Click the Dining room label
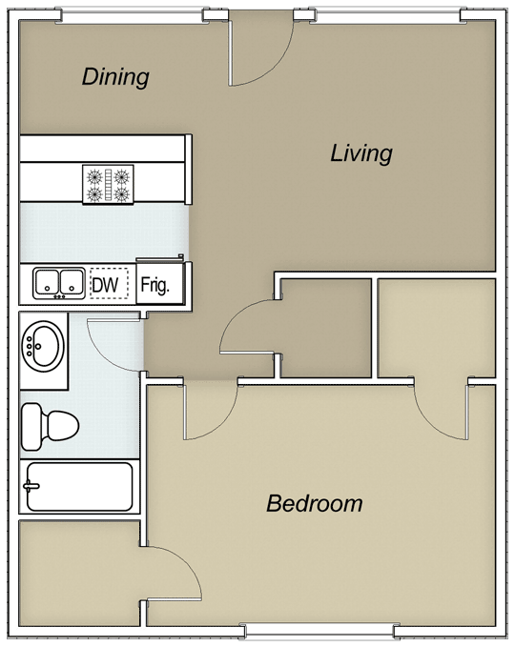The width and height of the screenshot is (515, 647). pos(115,77)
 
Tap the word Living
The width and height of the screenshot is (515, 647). pos(361,153)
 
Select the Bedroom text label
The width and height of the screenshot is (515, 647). pos(315,503)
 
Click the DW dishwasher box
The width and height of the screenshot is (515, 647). pos(110,285)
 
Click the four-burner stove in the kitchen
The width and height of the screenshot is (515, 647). pos(108,184)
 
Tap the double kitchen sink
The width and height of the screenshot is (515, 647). pos(59,283)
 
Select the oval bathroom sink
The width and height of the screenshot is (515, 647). pos(43,346)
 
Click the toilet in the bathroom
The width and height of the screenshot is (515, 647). pos(50,426)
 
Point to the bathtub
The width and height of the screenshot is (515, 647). pos(80,487)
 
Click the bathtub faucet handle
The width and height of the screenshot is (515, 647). pos(31,486)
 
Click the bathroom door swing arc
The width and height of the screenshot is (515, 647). pos(107,354)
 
